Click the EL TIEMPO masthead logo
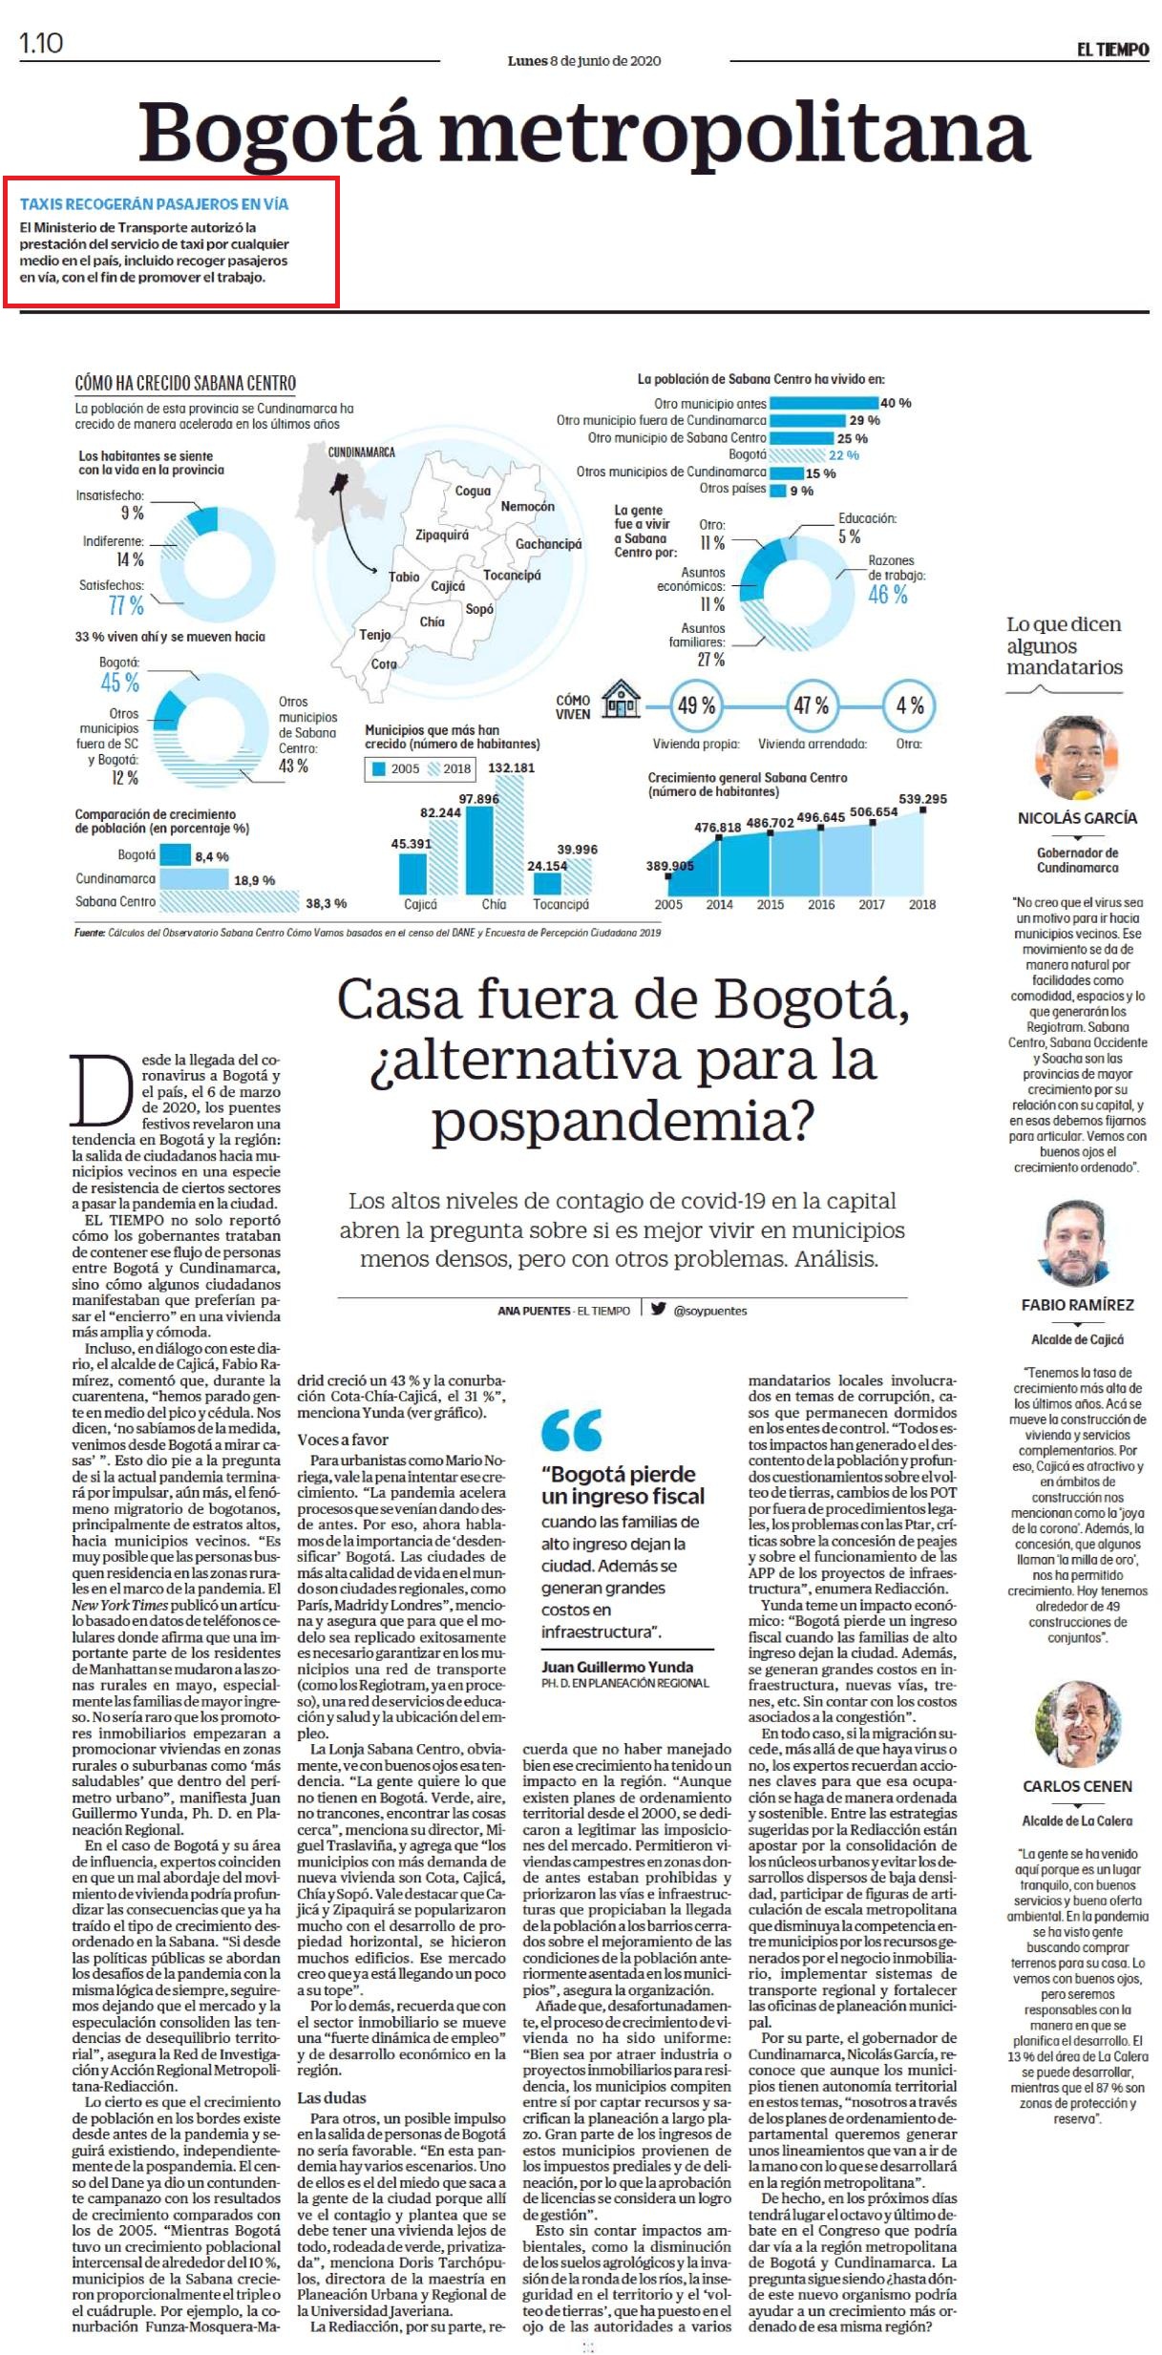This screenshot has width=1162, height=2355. (x=1112, y=50)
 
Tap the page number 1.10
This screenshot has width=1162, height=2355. (x=41, y=43)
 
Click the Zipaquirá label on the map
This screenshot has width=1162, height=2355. (x=442, y=536)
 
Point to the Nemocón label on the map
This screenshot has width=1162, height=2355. (x=528, y=506)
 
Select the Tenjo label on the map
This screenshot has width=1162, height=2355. (x=374, y=635)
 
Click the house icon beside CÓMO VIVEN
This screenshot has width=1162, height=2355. (x=621, y=699)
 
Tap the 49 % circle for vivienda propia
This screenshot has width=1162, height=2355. (x=696, y=706)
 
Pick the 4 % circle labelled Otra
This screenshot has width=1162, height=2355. (x=909, y=706)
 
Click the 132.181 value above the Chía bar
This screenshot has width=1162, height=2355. (x=512, y=767)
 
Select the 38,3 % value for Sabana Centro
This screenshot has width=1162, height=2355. (x=327, y=903)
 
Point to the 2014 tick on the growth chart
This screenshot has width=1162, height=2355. (x=719, y=904)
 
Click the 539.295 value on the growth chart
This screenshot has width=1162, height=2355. (x=922, y=799)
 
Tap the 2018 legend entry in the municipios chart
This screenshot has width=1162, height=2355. (x=449, y=768)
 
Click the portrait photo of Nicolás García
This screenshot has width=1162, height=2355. (x=1077, y=758)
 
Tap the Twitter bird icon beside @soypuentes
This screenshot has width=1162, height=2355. (x=658, y=1309)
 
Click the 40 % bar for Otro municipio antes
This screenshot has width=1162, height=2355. (x=823, y=403)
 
